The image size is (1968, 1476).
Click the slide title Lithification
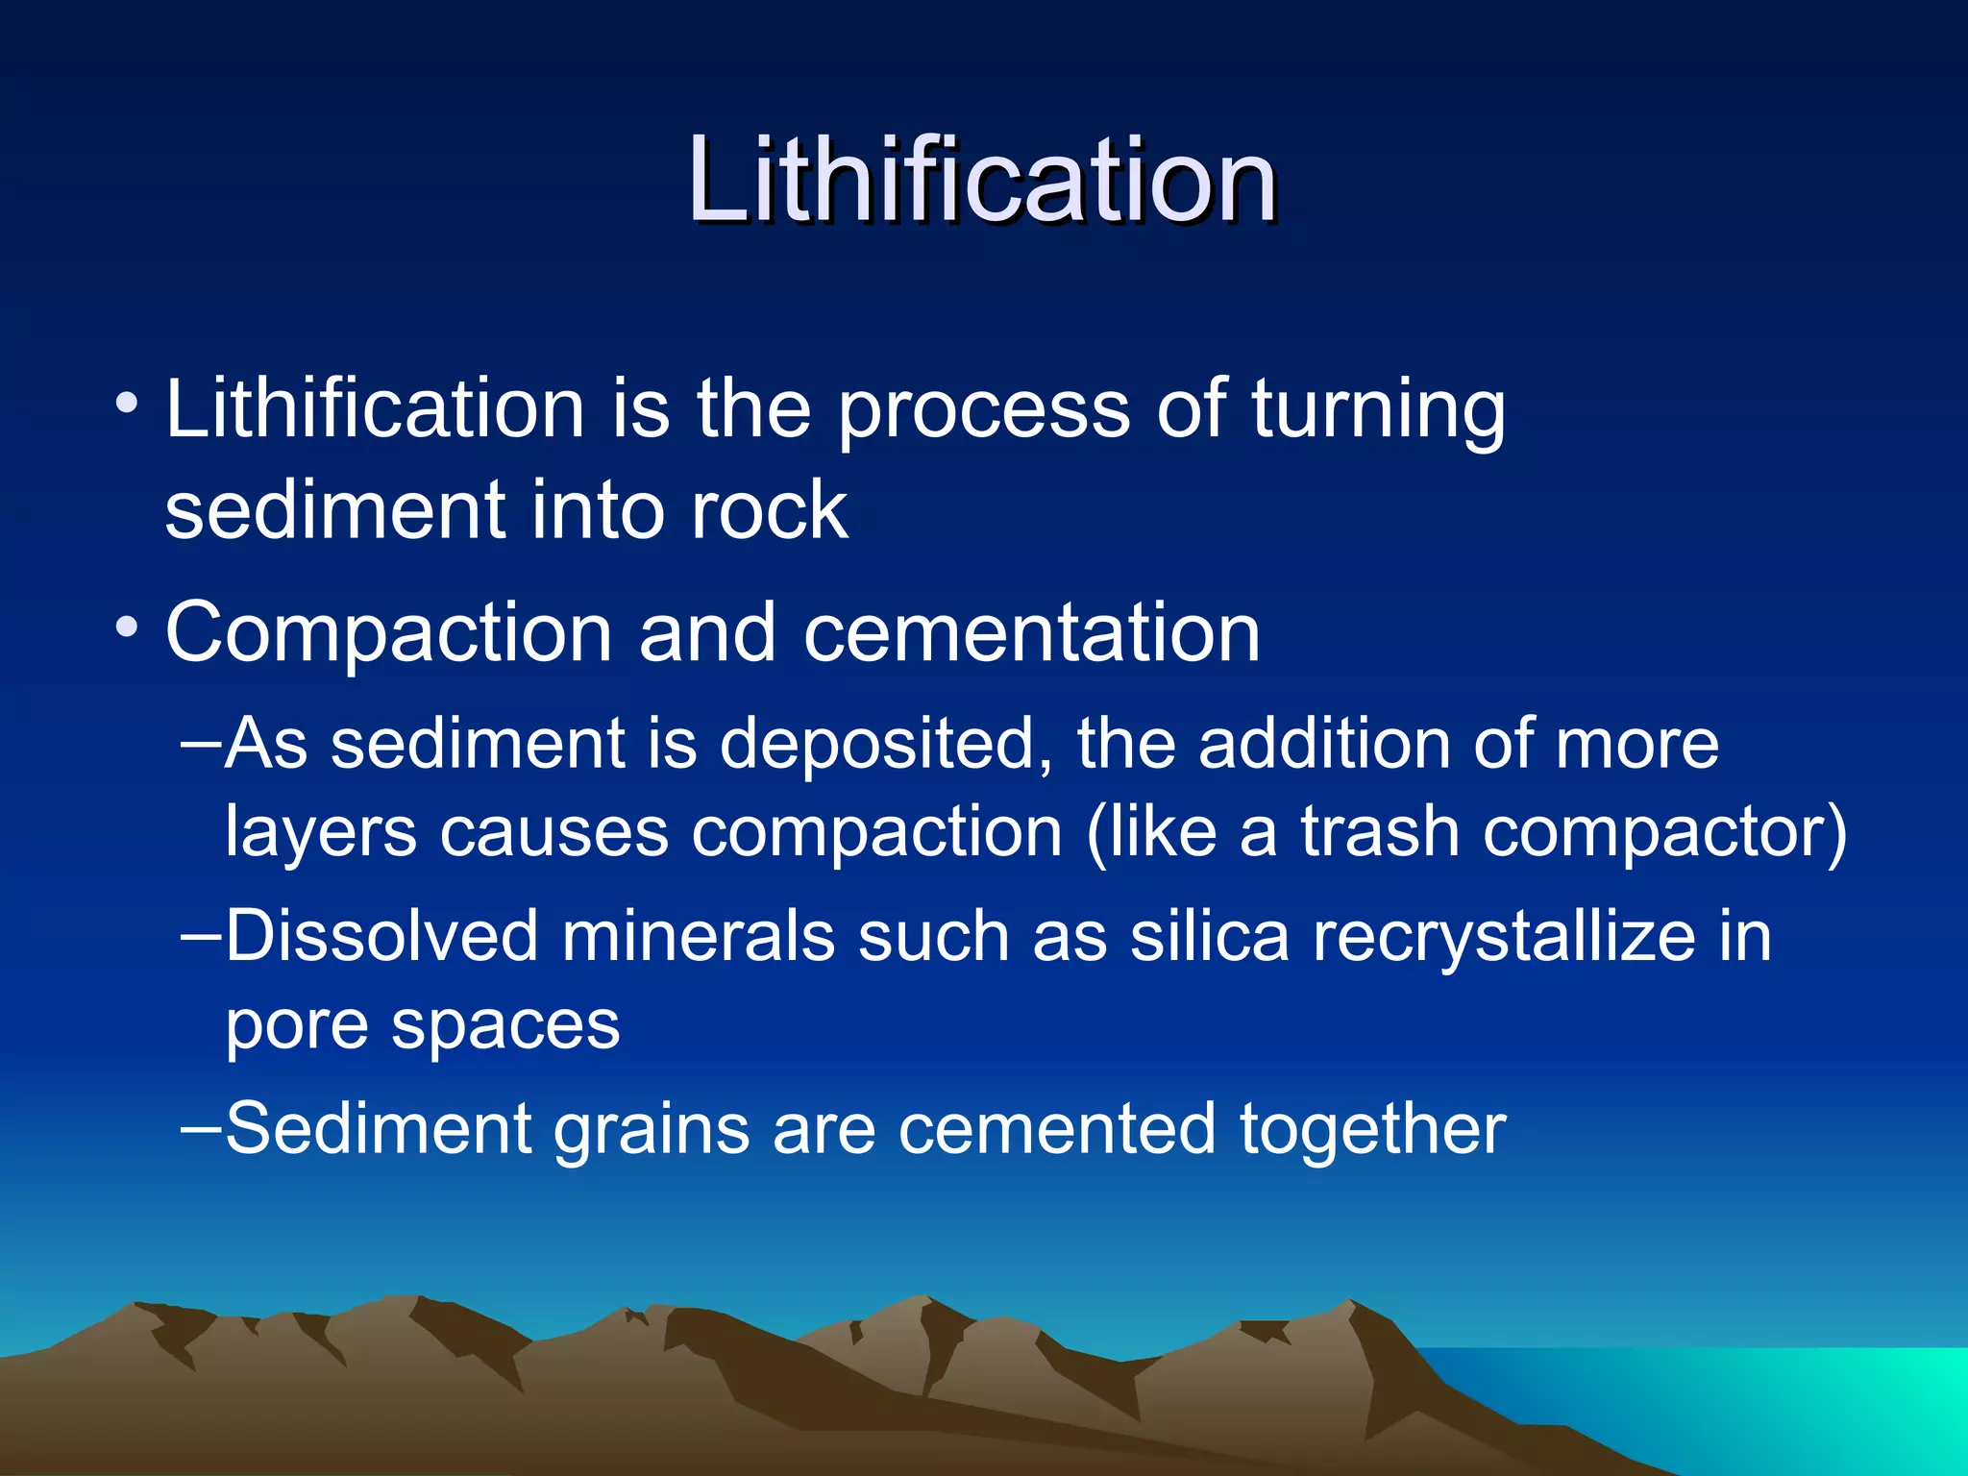point(981,182)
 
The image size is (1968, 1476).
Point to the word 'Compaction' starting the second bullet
point(389,635)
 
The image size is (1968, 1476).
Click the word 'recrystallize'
point(1505,938)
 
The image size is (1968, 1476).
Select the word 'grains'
point(652,1130)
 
